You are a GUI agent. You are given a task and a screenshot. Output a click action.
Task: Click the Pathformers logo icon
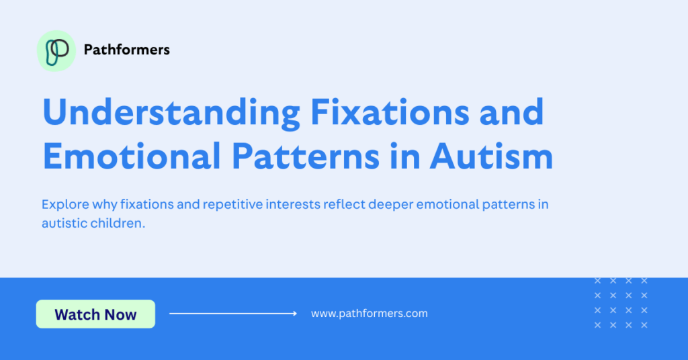click(56, 51)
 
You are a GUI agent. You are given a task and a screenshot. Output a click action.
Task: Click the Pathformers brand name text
click(126, 50)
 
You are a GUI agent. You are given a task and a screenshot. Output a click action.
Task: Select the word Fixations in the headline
click(390, 112)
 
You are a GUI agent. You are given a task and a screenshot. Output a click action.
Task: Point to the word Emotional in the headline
click(132, 156)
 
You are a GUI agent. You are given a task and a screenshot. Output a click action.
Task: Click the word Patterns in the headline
click(306, 156)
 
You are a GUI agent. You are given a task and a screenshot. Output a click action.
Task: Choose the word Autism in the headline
click(491, 156)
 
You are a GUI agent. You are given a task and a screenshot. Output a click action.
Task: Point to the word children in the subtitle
click(118, 223)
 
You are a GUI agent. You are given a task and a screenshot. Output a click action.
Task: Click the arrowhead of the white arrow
click(295, 314)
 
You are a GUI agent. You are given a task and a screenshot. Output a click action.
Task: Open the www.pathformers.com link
click(370, 314)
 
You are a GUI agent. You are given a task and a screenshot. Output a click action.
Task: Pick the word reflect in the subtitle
click(344, 204)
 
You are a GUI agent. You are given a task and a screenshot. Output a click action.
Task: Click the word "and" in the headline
click(511, 112)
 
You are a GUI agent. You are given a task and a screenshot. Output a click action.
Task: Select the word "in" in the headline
click(404, 156)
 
